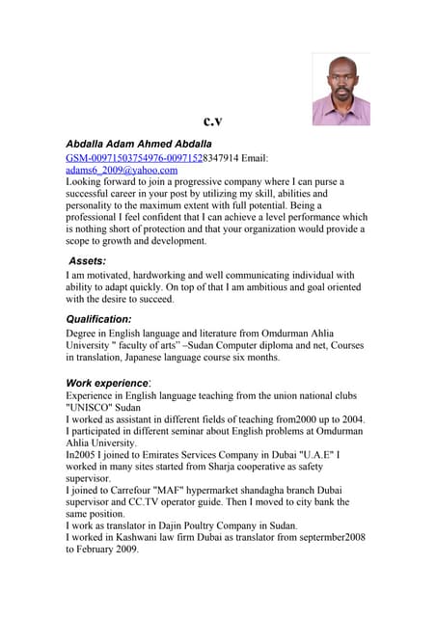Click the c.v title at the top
[213, 121]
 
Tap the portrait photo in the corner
[341, 90]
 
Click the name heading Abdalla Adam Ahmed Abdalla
[138, 144]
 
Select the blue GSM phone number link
[133, 157]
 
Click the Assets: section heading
[88, 260]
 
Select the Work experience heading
[107, 383]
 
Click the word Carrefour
[134, 490]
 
